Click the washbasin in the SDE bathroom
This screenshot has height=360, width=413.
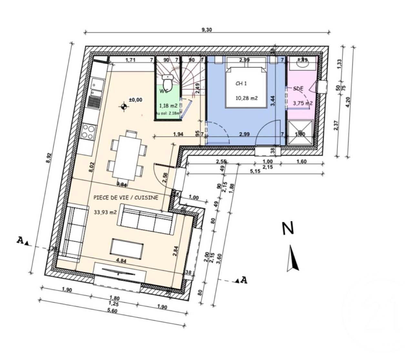point(302,64)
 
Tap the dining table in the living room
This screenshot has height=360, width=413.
point(126,157)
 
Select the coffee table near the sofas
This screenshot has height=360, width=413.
point(127,249)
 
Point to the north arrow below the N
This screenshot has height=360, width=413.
point(293,258)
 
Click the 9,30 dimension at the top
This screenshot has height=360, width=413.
point(206,30)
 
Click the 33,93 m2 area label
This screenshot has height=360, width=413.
point(105,212)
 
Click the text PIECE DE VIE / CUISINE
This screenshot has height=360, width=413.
point(126,198)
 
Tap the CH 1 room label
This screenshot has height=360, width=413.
point(241,83)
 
